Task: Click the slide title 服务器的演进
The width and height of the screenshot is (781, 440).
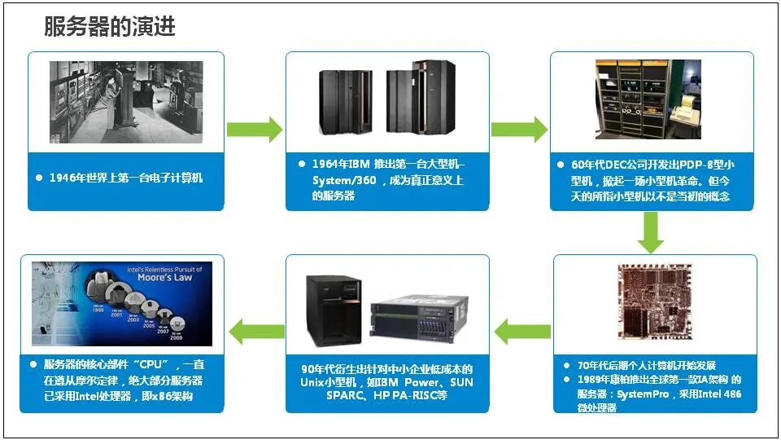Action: [x=110, y=27]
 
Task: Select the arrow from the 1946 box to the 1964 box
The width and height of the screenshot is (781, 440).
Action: [x=254, y=129]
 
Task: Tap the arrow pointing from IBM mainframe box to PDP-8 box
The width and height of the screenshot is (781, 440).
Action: [x=519, y=129]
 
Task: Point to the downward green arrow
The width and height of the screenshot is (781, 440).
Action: [x=650, y=232]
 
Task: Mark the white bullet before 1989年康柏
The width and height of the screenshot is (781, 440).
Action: [x=567, y=380]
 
